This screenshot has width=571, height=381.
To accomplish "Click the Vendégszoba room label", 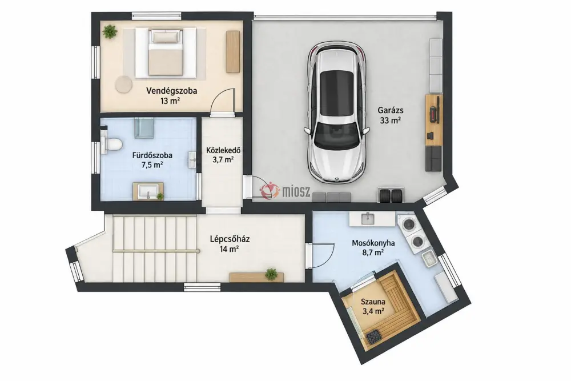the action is click(x=171, y=91).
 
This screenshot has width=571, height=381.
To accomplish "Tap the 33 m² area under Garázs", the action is click(x=391, y=121).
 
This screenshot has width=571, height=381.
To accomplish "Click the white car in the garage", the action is click(x=336, y=113).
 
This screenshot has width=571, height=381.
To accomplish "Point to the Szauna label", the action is click(x=373, y=302).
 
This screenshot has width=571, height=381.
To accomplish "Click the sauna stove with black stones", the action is click(x=374, y=336).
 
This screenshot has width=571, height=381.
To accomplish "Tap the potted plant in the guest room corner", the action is click(x=110, y=31).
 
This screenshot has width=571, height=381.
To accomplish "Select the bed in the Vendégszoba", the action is click(x=166, y=53).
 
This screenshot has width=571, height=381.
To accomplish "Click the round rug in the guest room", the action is click(x=123, y=84).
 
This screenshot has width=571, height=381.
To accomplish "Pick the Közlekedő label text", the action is click(x=223, y=150).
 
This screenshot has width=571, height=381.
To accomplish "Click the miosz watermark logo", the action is click(x=285, y=191).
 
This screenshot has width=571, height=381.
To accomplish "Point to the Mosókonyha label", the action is click(x=373, y=243).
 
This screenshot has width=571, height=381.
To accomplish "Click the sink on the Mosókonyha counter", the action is click(x=368, y=219).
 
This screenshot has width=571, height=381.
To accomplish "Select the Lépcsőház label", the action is click(x=230, y=239).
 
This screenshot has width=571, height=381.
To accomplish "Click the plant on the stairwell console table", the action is click(x=271, y=274).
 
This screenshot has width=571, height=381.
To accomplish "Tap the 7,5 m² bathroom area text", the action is click(x=152, y=165).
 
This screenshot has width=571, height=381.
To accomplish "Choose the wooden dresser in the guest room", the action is click(x=233, y=52).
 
